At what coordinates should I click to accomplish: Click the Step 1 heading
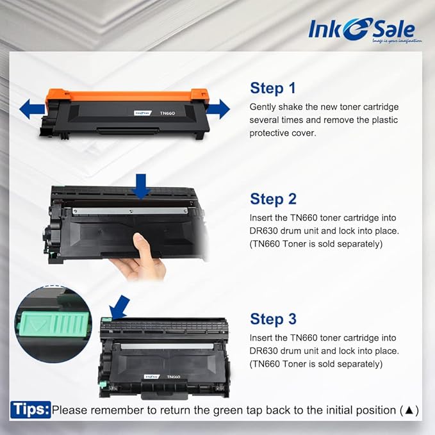(273, 88)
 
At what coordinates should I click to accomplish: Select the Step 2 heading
(273, 199)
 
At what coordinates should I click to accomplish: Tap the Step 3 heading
(273, 318)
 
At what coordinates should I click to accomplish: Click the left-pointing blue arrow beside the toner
(31, 110)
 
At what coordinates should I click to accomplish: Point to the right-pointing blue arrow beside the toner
(218, 109)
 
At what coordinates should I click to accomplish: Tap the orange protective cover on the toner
(122, 97)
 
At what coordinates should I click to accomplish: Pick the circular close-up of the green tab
(54, 324)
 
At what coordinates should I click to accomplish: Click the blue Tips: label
(30, 409)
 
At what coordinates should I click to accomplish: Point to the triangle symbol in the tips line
(409, 410)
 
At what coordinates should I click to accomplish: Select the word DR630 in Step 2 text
(264, 231)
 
